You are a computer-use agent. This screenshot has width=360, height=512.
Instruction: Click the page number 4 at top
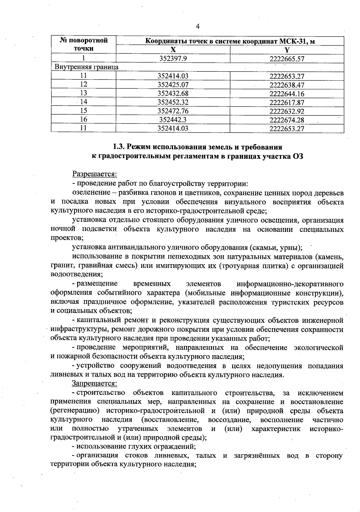[x=197, y=26]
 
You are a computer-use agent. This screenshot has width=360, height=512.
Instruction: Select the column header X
[x=173, y=50]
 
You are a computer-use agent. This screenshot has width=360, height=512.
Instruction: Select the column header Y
[x=287, y=50]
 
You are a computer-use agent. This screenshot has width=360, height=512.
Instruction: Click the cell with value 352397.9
[x=173, y=58]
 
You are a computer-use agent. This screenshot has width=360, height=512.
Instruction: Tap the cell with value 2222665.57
[x=287, y=59]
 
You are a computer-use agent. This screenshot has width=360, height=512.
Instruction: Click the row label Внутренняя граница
[x=86, y=67]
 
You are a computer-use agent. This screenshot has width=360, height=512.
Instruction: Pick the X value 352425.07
[x=173, y=85]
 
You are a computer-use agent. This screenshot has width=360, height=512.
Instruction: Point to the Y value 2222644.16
[x=287, y=94]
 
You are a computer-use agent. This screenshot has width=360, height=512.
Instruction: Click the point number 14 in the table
[x=84, y=102]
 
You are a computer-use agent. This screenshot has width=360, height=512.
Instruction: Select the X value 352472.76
[x=173, y=111]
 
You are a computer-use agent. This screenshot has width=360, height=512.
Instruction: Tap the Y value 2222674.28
[x=287, y=120]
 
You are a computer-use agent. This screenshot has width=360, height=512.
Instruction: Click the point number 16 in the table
[x=84, y=119]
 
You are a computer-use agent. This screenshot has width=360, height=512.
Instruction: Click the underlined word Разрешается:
[x=94, y=174]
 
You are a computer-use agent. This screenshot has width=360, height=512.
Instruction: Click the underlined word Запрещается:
[x=94, y=383]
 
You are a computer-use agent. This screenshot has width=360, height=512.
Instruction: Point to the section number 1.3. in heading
[x=119, y=147]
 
